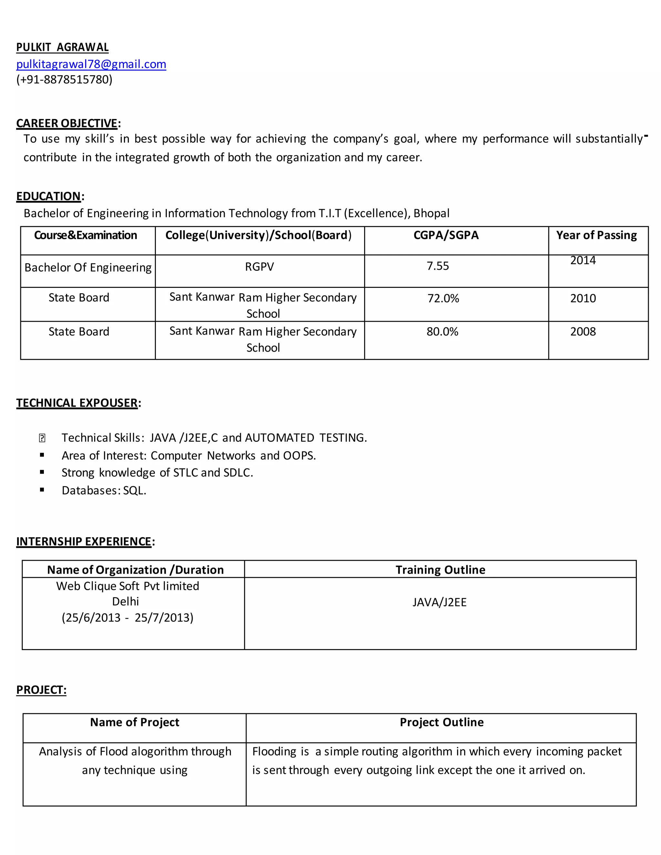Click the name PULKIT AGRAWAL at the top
click(62, 47)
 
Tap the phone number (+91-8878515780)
click(64, 79)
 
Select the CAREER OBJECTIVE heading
click(67, 123)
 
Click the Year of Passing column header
click(596, 235)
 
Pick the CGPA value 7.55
click(437, 266)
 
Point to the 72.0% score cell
click(443, 298)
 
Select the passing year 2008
click(583, 332)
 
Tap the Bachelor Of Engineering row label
click(88, 267)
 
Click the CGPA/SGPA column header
click(446, 235)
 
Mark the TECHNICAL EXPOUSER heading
click(77, 403)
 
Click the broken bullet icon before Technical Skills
click(42, 438)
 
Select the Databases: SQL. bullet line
click(104, 490)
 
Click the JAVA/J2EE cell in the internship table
click(439, 602)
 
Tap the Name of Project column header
click(134, 722)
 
